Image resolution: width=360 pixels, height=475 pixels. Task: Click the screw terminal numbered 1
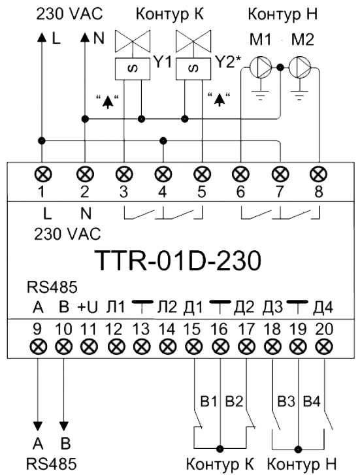pos(42,175)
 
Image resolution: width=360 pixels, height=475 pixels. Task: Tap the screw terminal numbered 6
pos(241,175)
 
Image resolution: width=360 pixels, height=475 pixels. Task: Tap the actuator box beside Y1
pos(133,69)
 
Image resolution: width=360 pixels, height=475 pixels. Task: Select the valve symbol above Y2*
pos(193,41)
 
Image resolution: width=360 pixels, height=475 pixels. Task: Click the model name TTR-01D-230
pos(178,261)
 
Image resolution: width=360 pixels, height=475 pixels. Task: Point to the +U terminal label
pos(88,308)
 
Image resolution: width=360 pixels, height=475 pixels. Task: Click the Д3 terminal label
pos(272,308)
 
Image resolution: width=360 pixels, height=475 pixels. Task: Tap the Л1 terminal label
pos(115,308)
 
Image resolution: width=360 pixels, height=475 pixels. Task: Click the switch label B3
pos(286,402)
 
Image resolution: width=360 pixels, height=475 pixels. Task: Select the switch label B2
pos(235,402)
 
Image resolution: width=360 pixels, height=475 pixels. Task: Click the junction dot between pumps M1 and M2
pos(280,67)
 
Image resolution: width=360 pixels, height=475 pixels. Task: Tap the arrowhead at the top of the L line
pos(42,37)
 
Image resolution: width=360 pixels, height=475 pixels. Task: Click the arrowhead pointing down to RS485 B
pos(63,426)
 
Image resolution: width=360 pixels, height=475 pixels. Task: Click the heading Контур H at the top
pos(283,14)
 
